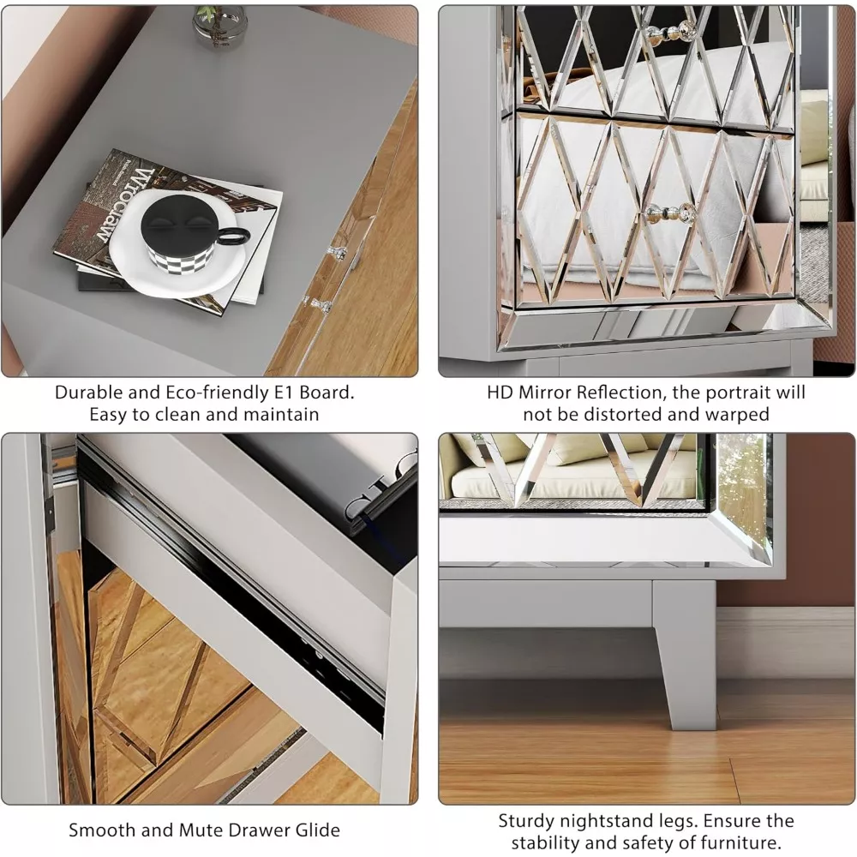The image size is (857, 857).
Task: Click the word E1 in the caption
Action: (283, 393)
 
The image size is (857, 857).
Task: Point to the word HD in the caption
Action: (500, 393)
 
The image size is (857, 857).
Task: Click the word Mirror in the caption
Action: (544, 393)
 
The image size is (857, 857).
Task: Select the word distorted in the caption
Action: (622, 414)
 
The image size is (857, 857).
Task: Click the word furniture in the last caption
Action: (735, 842)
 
